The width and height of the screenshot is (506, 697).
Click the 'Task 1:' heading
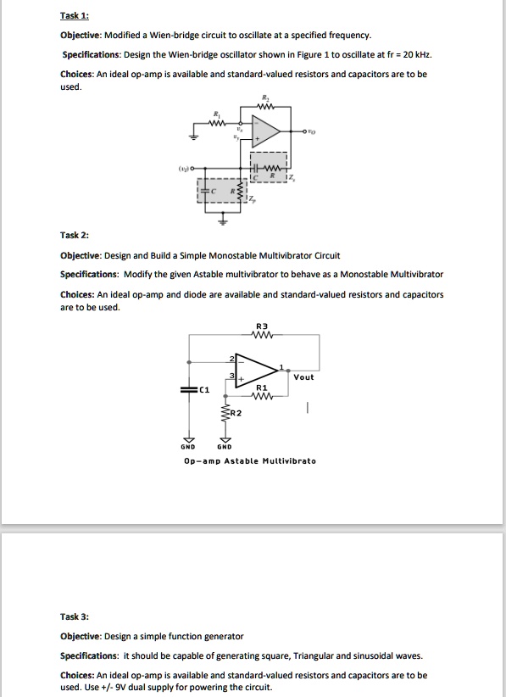click(x=75, y=15)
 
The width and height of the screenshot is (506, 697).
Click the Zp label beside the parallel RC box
click(x=262, y=201)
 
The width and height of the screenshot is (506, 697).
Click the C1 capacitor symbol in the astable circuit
click(x=187, y=390)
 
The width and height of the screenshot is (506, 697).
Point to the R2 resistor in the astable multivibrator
click(x=226, y=414)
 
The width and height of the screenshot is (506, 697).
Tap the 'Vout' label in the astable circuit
click(x=303, y=376)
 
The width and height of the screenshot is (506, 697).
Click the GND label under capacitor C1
click(x=187, y=447)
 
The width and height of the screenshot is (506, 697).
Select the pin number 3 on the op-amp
click(x=228, y=376)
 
